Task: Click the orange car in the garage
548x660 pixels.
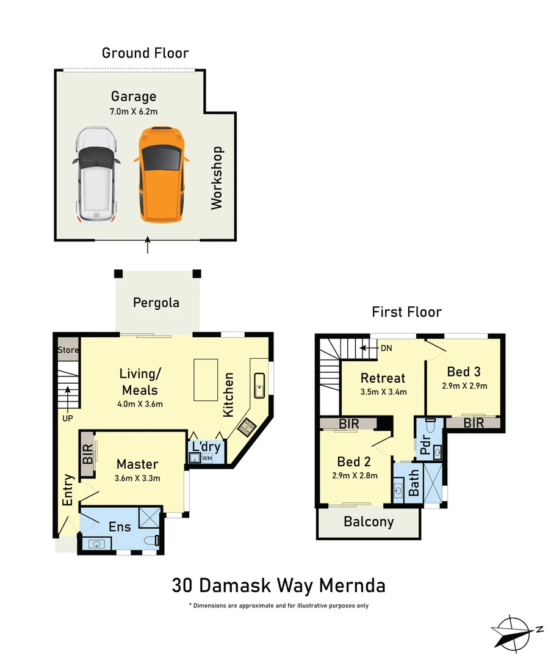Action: [161, 175]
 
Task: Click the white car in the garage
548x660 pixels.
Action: [96, 175]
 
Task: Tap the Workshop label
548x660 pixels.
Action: [217, 178]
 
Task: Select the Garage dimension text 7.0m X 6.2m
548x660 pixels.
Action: [134, 112]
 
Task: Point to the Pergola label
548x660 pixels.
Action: [156, 302]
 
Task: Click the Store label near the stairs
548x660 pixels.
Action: [68, 350]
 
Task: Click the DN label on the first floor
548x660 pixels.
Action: [386, 348]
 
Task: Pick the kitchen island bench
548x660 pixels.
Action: [206, 380]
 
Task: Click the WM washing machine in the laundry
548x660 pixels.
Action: [207, 458]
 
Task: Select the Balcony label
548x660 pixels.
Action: [368, 522]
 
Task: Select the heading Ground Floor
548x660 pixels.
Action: [145, 53]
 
